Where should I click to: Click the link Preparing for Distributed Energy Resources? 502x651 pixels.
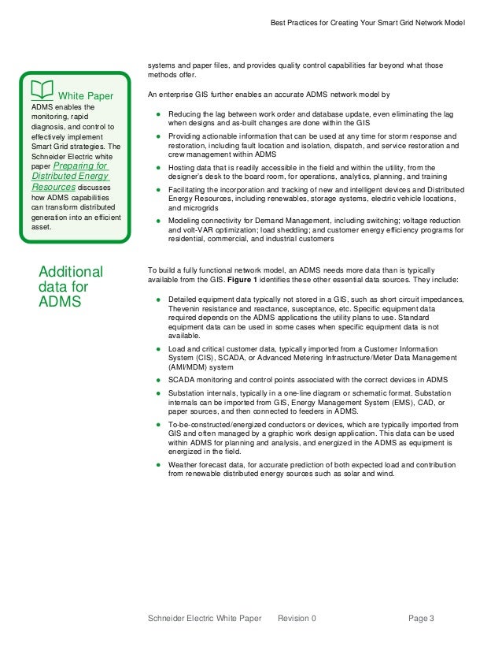click(x=70, y=177)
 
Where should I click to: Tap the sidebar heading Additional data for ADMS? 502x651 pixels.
click(x=71, y=288)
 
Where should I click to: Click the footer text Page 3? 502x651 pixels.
click(x=421, y=619)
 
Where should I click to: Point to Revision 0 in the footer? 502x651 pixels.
click(x=297, y=619)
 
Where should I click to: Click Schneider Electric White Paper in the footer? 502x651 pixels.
click(x=205, y=619)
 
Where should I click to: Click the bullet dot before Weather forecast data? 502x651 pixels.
click(x=158, y=465)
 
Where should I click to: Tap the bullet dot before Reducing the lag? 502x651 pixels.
click(x=158, y=115)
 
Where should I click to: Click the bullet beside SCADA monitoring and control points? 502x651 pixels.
click(x=158, y=380)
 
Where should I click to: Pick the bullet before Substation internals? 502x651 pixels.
click(x=158, y=392)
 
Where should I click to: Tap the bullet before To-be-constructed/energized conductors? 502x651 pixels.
click(x=158, y=424)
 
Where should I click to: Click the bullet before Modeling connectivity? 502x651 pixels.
click(x=158, y=221)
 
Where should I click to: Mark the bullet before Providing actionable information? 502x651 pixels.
click(x=158, y=136)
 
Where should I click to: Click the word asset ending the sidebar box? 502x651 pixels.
click(x=42, y=227)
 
